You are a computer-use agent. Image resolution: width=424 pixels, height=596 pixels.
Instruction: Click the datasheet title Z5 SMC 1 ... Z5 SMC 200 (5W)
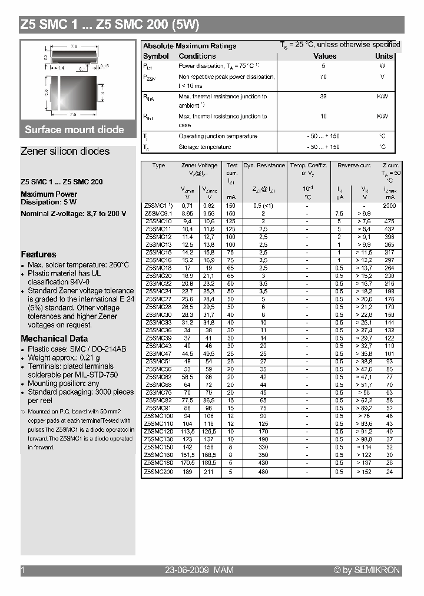110,25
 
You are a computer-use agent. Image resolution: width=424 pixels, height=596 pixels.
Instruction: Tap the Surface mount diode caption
74,130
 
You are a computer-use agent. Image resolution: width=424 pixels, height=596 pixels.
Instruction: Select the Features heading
38,254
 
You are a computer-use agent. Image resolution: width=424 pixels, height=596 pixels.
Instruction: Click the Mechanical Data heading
54,339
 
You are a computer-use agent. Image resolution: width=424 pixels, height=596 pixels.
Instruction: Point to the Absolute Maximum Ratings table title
190,46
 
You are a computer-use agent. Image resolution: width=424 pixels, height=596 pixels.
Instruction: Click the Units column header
384,56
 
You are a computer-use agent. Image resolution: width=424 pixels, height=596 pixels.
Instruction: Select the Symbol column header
155,56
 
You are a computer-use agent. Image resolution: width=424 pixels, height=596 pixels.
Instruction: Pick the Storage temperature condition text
204,147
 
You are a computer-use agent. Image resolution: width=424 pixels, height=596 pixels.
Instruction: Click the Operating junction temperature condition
217,136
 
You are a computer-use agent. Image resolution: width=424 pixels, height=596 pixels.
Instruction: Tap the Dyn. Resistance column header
264,165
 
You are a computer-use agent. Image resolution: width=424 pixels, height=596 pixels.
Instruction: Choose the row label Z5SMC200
158,471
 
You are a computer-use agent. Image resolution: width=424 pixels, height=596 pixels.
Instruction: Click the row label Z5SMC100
158,415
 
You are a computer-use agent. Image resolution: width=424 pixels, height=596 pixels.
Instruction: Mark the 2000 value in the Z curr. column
389,206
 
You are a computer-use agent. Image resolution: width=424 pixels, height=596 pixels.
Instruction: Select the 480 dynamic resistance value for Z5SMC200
263,471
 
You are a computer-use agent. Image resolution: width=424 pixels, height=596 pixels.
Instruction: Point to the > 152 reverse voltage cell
364,471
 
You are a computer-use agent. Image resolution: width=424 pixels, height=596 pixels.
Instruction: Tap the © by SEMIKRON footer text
367,570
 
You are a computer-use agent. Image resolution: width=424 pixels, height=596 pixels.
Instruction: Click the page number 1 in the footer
22,570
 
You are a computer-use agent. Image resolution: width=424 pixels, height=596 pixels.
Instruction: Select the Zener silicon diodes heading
65,151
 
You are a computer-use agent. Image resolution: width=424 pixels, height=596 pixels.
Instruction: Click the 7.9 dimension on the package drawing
74,46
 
